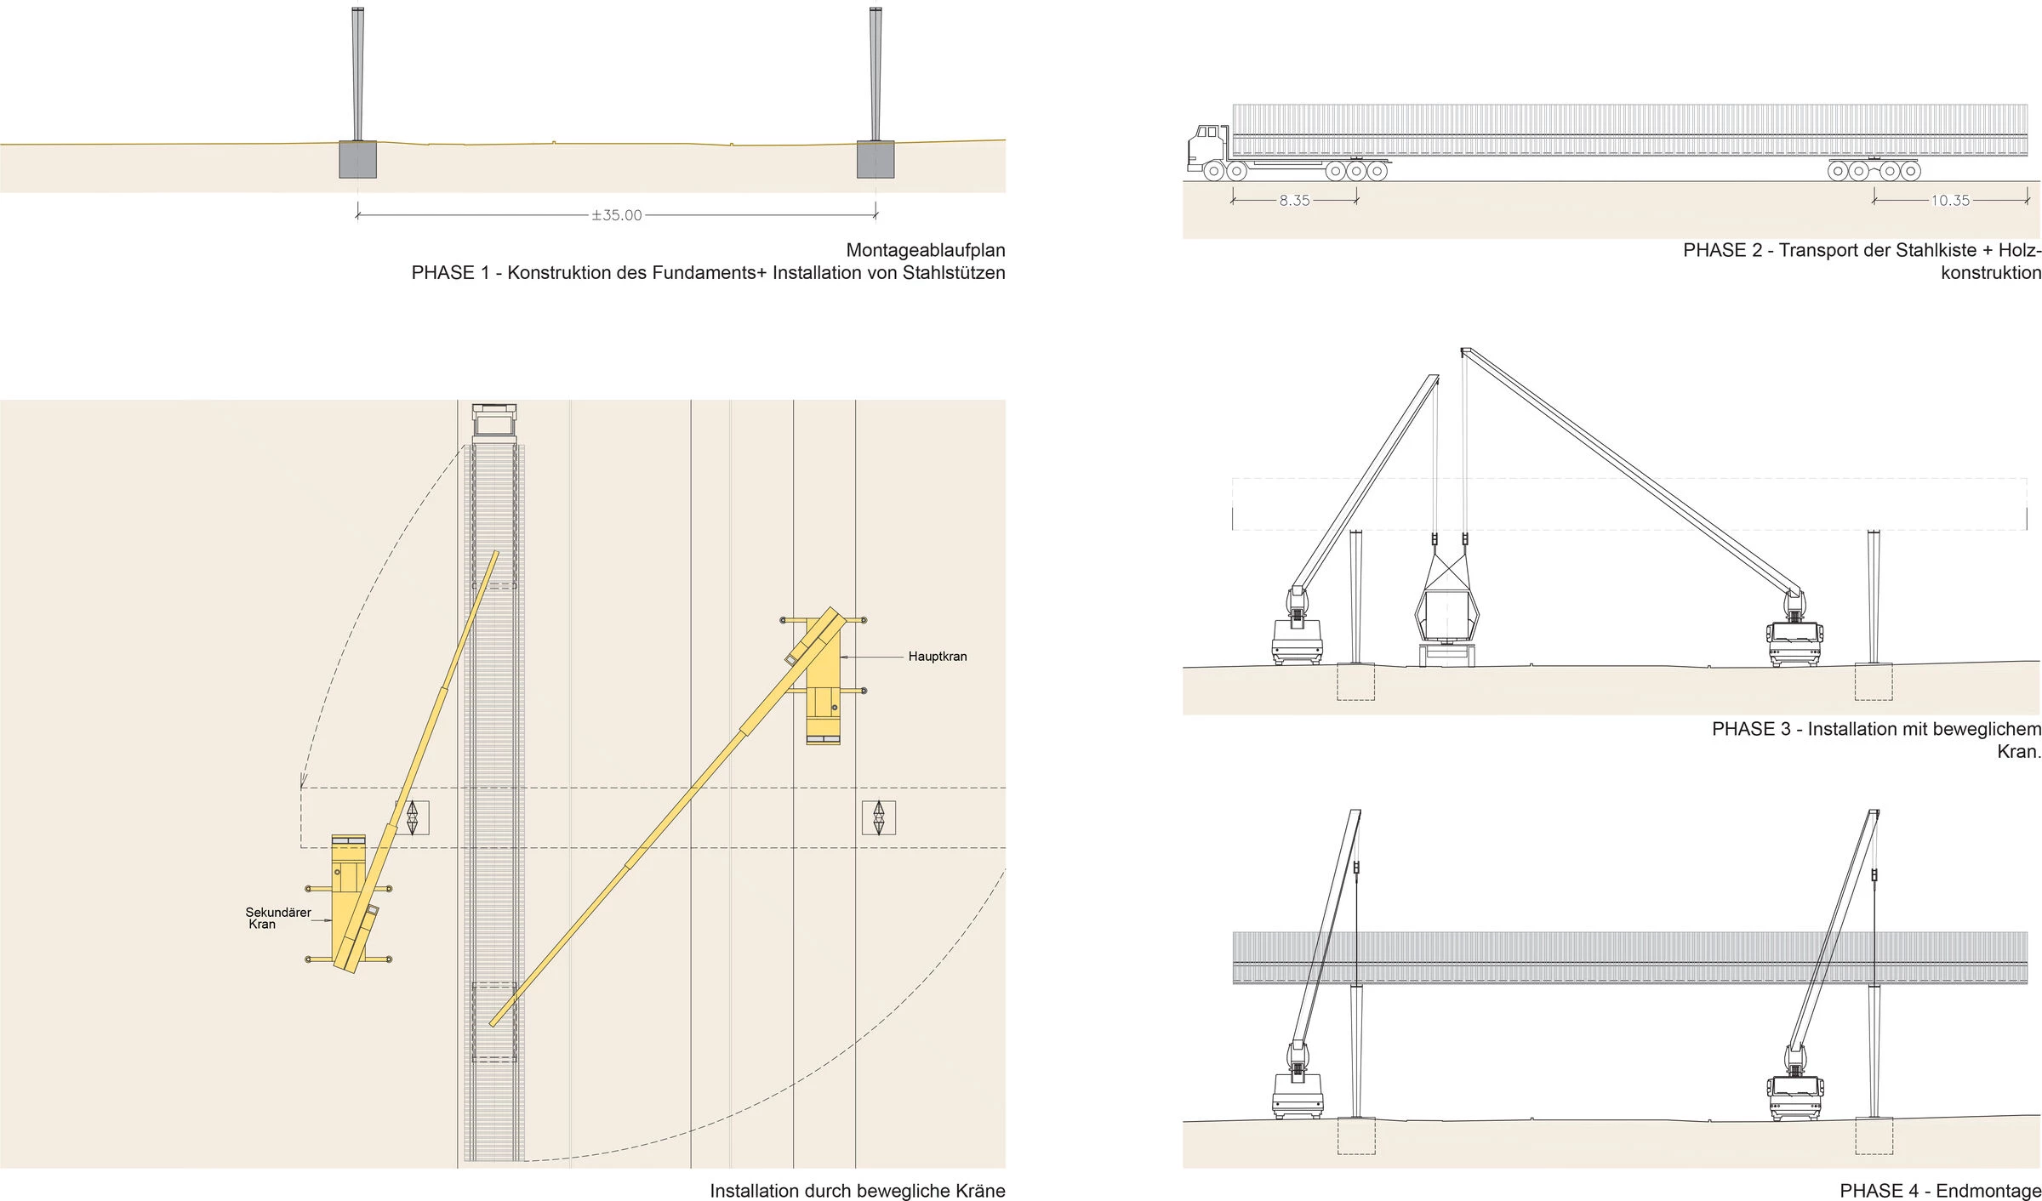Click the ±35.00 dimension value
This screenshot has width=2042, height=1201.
[617, 215]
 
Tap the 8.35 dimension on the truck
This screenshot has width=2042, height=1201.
[1294, 201]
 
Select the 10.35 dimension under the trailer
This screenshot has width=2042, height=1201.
[1950, 201]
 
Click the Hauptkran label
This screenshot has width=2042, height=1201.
[937, 657]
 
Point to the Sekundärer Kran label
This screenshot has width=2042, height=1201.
[277, 918]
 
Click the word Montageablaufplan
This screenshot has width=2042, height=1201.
[926, 251]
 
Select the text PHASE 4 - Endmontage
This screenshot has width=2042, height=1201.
[1940, 1191]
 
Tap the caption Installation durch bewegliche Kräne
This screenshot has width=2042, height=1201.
[858, 1191]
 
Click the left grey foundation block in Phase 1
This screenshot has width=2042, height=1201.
[357, 159]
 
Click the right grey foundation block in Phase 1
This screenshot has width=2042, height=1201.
[876, 159]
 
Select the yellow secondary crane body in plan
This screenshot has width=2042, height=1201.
[349, 902]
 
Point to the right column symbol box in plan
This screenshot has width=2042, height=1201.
[879, 818]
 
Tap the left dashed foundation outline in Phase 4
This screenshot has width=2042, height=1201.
[1356, 1136]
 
